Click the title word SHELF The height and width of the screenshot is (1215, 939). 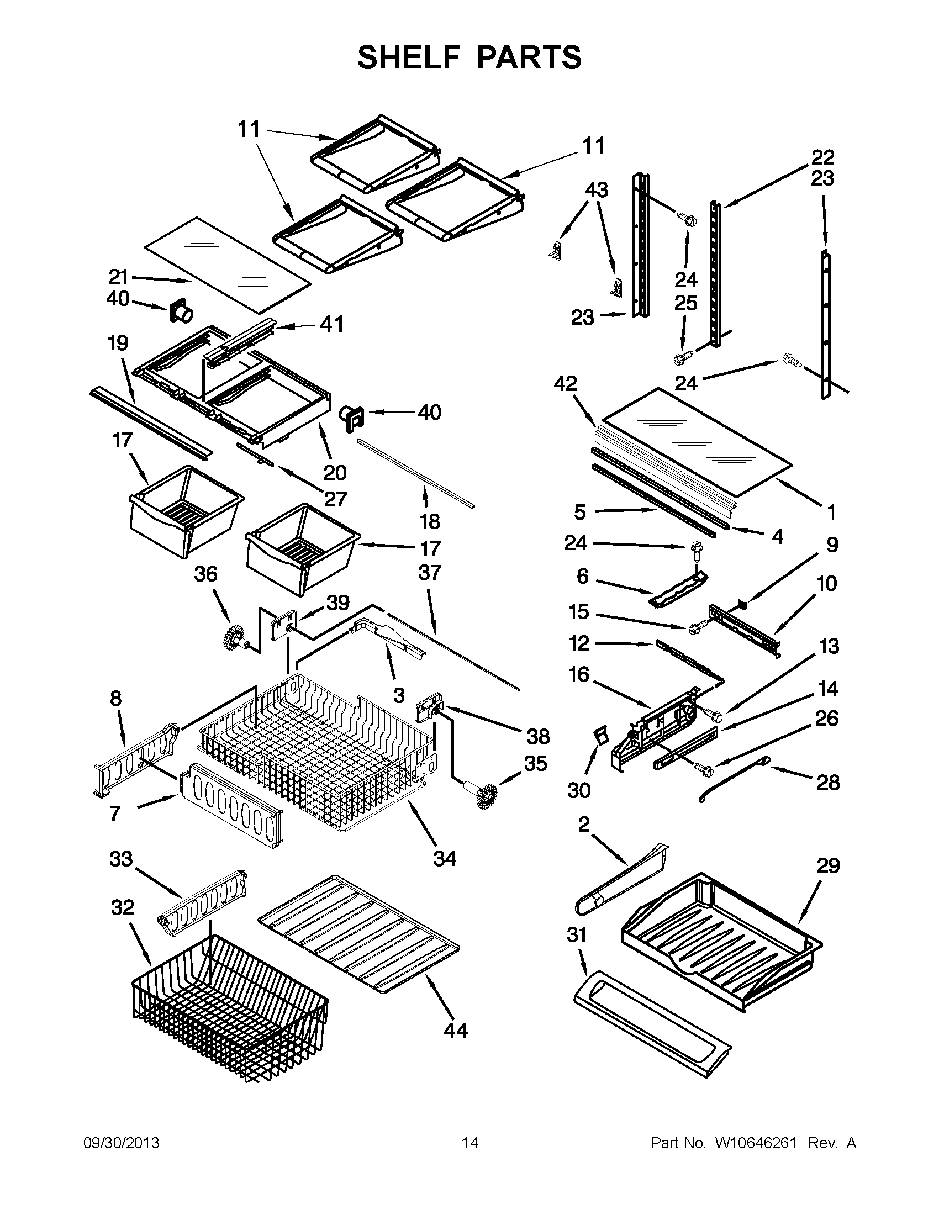(x=409, y=57)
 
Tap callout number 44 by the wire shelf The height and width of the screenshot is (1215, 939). (x=455, y=1031)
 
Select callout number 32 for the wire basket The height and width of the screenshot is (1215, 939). (x=123, y=907)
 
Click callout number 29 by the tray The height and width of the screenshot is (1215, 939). (x=827, y=865)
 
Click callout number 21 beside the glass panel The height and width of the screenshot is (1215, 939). (x=119, y=277)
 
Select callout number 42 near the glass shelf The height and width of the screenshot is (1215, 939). (x=566, y=383)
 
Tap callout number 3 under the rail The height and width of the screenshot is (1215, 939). (x=398, y=694)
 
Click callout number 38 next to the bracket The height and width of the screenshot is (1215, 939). (x=538, y=737)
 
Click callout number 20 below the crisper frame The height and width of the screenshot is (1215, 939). (x=335, y=472)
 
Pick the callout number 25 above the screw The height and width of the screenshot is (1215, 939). (x=685, y=303)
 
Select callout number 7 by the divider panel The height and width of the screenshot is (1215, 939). (x=115, y=813)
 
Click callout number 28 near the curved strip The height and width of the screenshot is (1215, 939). (x=827, y=783)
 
